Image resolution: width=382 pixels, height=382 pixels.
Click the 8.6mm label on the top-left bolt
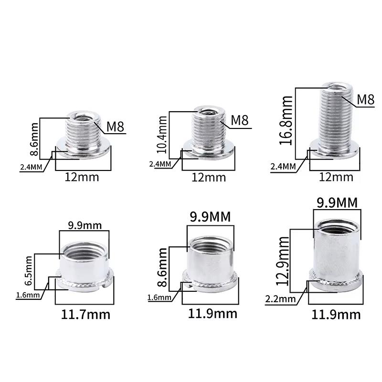pos(34,139)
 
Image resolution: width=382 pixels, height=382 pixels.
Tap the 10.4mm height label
pos(162,135)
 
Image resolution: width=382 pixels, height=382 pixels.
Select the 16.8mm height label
pos(286,121)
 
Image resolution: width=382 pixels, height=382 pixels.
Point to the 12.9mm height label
pos(282,261)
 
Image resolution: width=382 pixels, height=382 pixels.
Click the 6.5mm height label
pos(28,271)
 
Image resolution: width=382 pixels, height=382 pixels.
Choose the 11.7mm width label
pos(85,315)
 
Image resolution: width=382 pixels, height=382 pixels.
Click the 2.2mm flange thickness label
pos(280,299)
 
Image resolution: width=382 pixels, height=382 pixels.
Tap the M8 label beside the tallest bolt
pos(365,100)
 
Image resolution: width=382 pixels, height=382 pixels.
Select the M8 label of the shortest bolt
pos(115,127)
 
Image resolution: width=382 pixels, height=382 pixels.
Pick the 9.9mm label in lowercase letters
pos(85,225)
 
